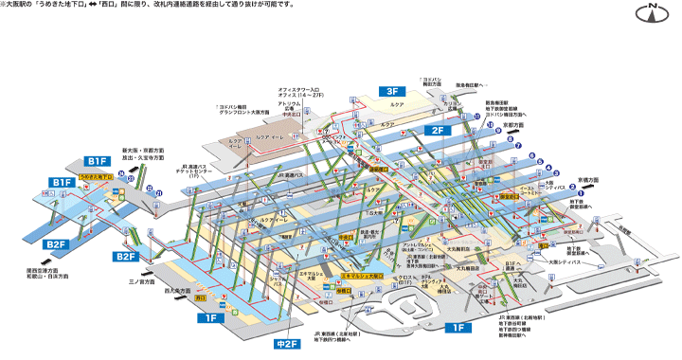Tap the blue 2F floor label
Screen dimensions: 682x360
pyautogui.click(x=438, y=130)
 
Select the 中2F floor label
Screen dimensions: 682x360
pyautogui.click(x=285, y=344)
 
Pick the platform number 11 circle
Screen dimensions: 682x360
pyautogui.click(x=476, y=111)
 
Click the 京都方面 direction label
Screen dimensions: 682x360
pyautogui.click(x=513, y=124)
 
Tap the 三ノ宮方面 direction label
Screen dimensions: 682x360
pyautogui.click(x=142, y=281)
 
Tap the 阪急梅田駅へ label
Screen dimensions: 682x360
pyautogui.click(x=472, y=84)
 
